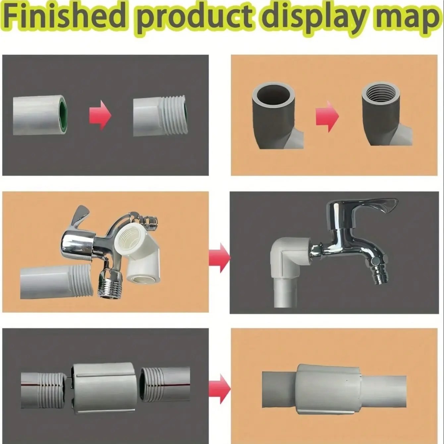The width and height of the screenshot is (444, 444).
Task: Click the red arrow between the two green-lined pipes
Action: (x=100, y=115)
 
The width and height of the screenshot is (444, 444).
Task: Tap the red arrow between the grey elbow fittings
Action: (x=327, y=116)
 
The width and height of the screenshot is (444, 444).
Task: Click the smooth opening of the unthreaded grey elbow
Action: (x=273, y=94)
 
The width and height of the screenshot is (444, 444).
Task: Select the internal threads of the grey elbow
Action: (x=380, y=93)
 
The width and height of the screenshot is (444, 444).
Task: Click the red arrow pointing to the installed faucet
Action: (x=219, y=258)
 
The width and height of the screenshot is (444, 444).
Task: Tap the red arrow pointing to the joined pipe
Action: (x=219, y=389)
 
